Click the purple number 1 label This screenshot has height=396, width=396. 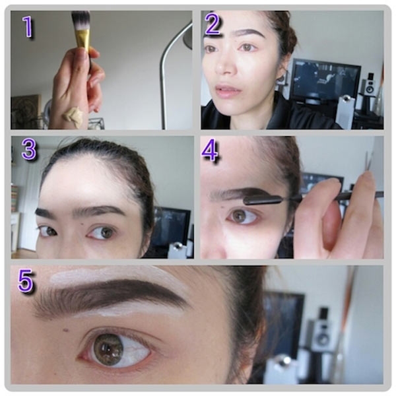tap(28, 27)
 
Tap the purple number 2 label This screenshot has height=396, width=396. tap(213, 24)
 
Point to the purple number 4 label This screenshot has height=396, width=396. tap(210, 150)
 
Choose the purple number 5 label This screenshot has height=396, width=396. tap(25, 280)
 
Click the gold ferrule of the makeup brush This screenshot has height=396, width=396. tap(83, 39)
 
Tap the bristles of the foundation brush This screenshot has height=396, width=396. tap(81, 20)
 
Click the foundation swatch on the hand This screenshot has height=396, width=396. tap(73, 114)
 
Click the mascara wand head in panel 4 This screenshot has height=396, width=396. tap(263, 200)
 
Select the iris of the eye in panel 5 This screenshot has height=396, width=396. tap(108, 349)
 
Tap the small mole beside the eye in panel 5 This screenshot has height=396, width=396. tap(67, 329)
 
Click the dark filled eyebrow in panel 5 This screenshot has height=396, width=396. tap(109, 296)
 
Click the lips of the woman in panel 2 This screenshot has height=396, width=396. tap(226, 90)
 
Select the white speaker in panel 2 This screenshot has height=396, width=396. tap(370, 86)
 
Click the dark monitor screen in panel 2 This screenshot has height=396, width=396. tap(326, 79)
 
